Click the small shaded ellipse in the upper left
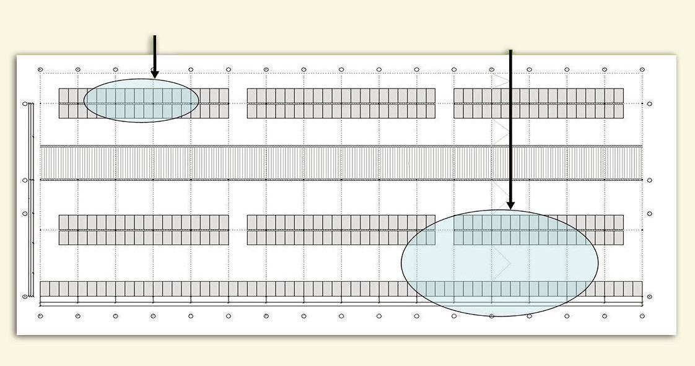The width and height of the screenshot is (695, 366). (141, 100)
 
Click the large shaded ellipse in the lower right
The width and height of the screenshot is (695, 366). (499, 263)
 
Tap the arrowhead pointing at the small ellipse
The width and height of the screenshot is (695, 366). (154, 74)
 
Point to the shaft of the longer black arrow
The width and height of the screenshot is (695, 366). (510, 124)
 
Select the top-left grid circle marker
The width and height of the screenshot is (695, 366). (40, 69)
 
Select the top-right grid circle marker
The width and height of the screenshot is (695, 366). (642, 69)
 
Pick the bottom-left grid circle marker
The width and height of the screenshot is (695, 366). (40, 316)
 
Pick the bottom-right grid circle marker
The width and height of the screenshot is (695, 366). (642, 316)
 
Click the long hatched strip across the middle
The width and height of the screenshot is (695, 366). (341, 163)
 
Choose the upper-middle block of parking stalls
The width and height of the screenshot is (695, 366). (341, 103)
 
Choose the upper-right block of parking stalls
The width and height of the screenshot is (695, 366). (538, 103)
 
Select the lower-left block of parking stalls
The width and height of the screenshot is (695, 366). (144, 230)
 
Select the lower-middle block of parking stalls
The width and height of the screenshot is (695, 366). (341, 230)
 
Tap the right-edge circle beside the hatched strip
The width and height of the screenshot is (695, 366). (649, 180)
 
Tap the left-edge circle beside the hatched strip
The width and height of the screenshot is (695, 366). (25, 180)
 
